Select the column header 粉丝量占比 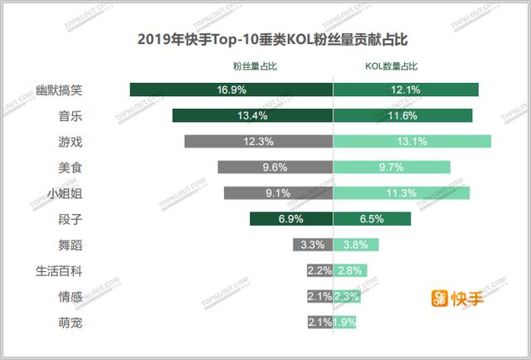[254, 66]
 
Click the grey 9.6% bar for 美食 [275, 167]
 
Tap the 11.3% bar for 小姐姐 [402, 193]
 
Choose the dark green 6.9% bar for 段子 [290, 219]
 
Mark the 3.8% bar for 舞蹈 [355, 245]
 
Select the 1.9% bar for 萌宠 [343, 322]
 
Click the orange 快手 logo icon [439, 297]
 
